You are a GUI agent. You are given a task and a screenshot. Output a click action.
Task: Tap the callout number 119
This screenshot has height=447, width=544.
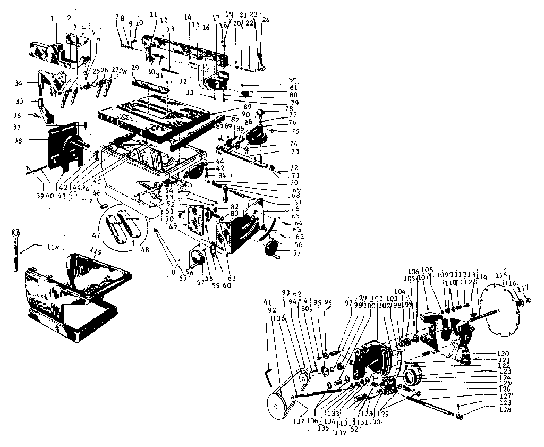95,251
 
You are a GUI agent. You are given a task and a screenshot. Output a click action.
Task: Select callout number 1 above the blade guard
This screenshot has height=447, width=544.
53,19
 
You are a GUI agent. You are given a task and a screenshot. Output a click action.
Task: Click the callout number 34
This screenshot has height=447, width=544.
19,83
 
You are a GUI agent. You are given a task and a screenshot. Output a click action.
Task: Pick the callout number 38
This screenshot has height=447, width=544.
19,142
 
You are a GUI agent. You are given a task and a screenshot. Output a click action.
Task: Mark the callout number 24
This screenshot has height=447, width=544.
266,20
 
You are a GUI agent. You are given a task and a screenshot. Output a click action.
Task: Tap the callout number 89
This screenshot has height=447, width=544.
248,107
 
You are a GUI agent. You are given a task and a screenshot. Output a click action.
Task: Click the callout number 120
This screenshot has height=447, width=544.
503,353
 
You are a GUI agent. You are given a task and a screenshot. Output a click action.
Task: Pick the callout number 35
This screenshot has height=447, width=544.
19,101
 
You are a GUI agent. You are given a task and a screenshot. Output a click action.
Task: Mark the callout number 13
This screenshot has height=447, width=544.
171,28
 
